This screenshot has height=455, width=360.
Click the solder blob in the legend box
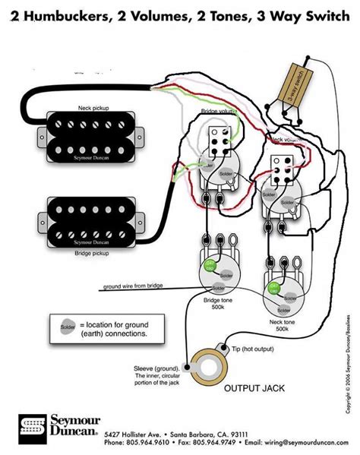coord(66,327)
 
